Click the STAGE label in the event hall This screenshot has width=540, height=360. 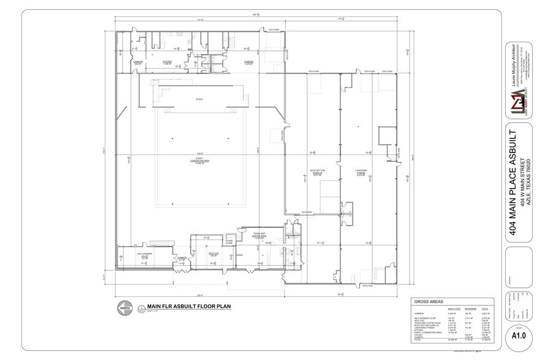(198, 99)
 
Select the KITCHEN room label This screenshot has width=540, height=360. (167, 62)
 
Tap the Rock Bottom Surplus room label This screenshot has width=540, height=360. (317, 173)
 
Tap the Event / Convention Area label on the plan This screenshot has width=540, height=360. (198, 160)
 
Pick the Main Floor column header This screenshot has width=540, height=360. (454, 309)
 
